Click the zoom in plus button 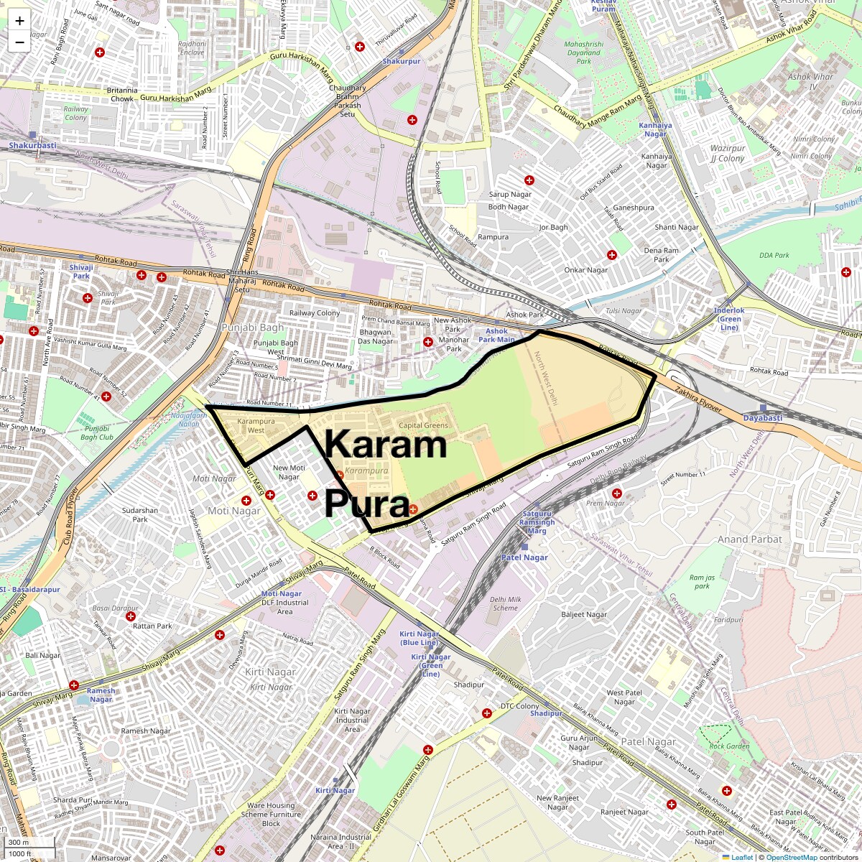19,21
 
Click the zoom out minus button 19,42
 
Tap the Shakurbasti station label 32,145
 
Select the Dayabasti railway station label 762,417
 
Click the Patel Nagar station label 524,557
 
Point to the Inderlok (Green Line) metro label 729,319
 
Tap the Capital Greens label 423,425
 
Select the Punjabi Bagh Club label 96,432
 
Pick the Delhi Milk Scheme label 505,603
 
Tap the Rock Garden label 729,746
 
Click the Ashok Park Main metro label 496,335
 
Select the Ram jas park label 702,582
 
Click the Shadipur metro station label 546,713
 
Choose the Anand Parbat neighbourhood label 750,539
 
